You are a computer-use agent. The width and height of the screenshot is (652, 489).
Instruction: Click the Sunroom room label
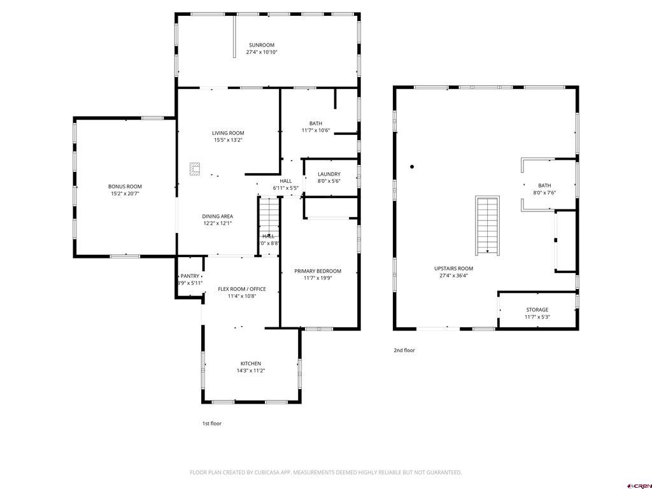[x=261, y=45]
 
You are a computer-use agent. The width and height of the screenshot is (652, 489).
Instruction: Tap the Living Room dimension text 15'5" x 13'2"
[x=228, y=140]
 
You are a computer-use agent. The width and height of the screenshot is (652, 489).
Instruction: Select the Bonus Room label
[x=125, y=187]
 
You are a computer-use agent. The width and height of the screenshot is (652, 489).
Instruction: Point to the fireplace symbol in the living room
[x=195, y=168]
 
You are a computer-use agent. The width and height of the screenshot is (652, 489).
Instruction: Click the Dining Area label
[x=217, y=216]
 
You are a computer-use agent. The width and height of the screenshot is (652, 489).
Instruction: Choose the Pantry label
[x=190, y=276]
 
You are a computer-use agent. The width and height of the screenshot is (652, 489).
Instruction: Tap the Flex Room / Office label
[x=242, y=289]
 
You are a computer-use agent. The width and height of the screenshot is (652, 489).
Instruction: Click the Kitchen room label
[x=250, y=364]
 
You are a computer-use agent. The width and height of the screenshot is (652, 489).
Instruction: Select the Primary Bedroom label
[x=318, y=271]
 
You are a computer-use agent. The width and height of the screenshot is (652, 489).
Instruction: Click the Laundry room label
[x=329, y=174]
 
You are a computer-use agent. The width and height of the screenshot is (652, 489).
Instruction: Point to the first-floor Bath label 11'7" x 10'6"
[x=316, y=124]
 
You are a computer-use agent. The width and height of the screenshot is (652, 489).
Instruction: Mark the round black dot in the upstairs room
[x=412, y=167]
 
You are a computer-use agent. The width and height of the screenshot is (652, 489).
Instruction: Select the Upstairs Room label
[x=453, y=269]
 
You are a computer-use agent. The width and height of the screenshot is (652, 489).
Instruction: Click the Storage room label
[x=537, y=310]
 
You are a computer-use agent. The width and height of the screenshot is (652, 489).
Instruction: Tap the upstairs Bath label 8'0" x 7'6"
[x=544, y=186]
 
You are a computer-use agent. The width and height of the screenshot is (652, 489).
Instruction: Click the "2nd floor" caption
[x=404, y=350]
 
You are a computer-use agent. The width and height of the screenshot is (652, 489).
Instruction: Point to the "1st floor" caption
[x=212, y=423]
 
